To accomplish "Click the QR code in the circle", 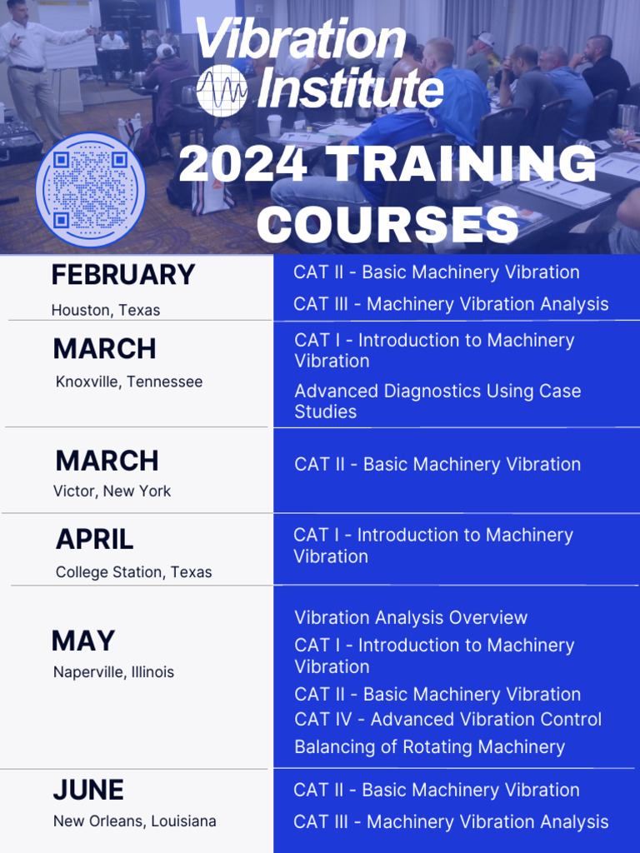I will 91,190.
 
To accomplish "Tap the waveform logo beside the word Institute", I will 222,90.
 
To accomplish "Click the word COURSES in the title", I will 388,223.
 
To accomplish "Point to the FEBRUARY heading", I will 122,275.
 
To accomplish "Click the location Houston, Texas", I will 105,310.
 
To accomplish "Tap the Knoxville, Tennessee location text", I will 129,382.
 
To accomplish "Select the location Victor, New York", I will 112,491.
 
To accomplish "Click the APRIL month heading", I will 94,540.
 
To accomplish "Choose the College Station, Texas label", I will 133,572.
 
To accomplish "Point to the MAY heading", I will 83,641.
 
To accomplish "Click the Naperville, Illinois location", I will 113,671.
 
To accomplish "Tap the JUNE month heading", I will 88,790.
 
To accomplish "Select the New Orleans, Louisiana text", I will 134,821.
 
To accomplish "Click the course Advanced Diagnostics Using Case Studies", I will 437,401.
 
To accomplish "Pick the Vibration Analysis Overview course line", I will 411,617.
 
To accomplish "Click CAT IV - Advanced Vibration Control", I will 447,719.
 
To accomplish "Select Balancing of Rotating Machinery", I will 429,747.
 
